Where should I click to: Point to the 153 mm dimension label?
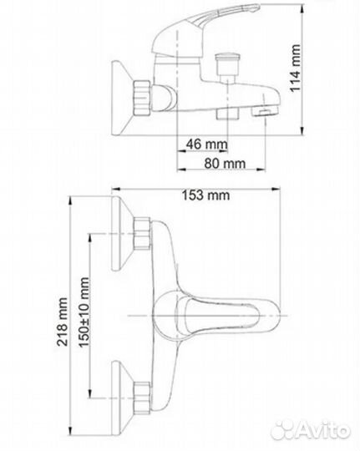tap(204, 196)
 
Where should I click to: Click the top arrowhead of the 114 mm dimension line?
tap(300, 13)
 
